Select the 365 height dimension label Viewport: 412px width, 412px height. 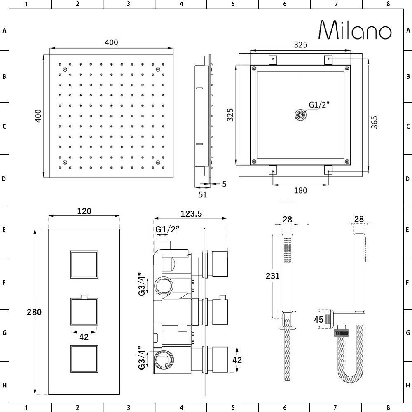374,122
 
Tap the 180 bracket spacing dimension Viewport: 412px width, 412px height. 301,190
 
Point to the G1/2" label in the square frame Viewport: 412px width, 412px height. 319,105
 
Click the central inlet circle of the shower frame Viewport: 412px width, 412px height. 301,115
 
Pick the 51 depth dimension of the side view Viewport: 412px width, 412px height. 202,194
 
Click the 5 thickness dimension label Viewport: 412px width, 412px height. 224,184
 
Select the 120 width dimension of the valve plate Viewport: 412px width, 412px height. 84,211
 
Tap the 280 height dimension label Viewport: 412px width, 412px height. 34,312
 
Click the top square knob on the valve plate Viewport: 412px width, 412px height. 84,264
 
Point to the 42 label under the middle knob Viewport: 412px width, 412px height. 84,337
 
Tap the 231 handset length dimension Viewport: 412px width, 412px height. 273,276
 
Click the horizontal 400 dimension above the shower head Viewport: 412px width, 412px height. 111,42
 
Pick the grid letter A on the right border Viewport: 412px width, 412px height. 407,30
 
